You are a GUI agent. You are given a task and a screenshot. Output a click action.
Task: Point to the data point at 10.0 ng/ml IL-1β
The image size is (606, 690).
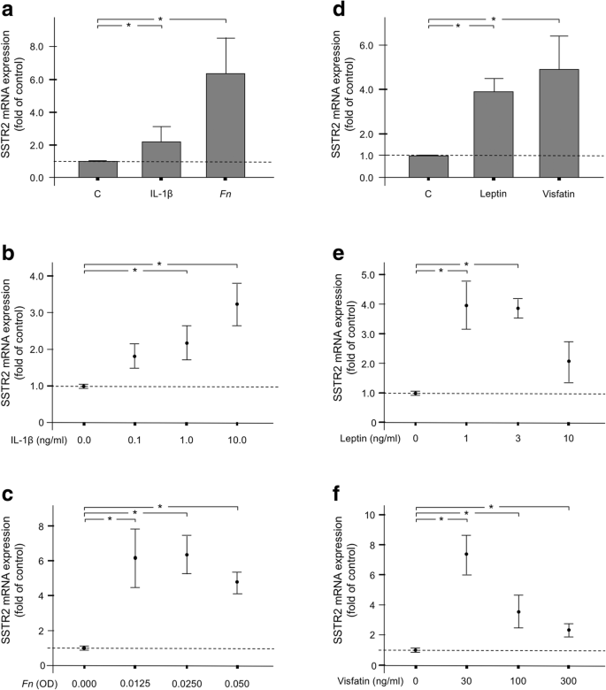[237, 304]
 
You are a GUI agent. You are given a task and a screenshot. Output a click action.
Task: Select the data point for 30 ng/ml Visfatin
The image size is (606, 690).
[466, 554]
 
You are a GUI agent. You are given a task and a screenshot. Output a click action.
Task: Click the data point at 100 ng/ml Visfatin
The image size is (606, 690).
[518, 612]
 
